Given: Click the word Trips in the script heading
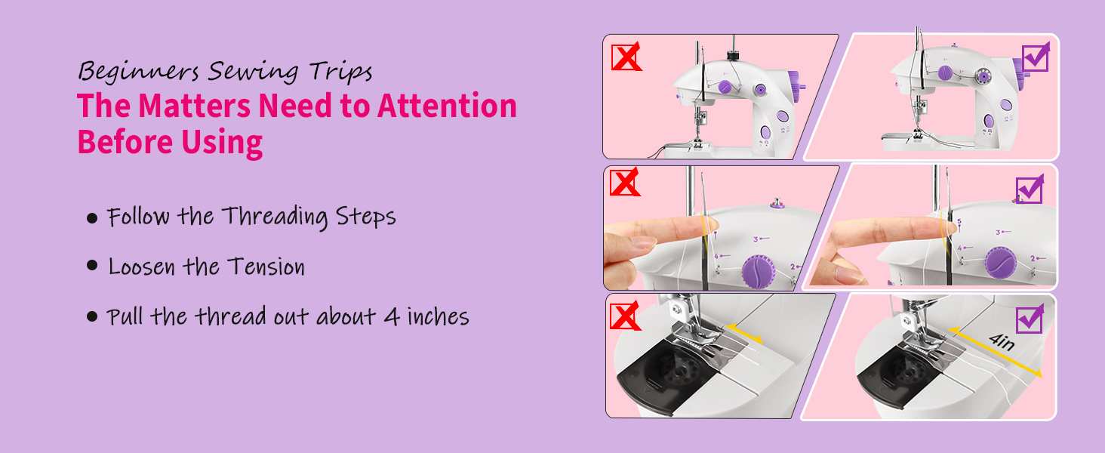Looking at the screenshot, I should [340, 72].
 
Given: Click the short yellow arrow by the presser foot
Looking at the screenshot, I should [743, 335].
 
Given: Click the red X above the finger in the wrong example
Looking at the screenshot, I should [624, 183].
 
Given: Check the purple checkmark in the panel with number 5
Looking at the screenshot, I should [1030, 189].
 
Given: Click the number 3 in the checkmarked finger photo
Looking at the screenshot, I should [998, 233].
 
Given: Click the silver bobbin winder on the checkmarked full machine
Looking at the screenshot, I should [981, 76].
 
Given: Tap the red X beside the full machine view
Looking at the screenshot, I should [625, 57].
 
